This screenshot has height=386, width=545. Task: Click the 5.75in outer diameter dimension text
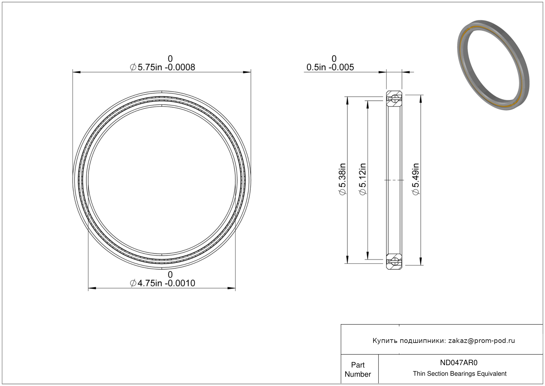click(x=162, y=67)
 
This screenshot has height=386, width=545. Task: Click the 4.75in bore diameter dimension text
click(x=162, y=283)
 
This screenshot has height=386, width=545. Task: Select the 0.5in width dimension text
click(x=330, y=67)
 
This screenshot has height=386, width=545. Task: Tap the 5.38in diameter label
click(x=342, y=179)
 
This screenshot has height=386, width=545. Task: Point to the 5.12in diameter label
click(x=363, y=179)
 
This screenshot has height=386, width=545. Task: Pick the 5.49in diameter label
click(x=416, y=179)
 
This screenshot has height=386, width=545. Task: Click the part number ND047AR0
click(x=459, y=362)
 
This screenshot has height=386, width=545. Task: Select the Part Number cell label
click(x=358, y=369)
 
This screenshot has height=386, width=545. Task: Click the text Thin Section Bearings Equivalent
click(x=460, y=373)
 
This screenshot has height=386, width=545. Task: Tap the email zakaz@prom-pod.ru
click(x=481, y=341)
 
